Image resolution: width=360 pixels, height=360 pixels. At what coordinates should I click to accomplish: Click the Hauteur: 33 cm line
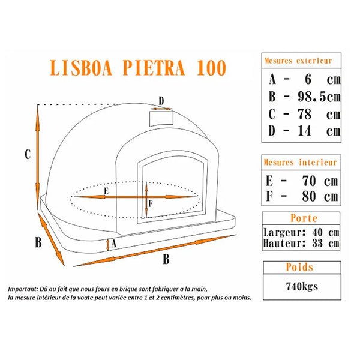301,244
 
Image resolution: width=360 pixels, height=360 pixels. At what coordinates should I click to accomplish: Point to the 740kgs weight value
301,286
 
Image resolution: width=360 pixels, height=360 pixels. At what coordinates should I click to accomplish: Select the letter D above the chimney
161,100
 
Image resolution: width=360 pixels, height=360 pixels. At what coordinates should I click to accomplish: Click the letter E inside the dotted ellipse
106,191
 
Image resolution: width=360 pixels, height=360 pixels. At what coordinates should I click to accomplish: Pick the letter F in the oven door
151,203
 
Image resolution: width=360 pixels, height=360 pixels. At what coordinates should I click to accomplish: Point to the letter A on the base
113,243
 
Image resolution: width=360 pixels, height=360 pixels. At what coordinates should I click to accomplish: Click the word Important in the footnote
25,288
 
